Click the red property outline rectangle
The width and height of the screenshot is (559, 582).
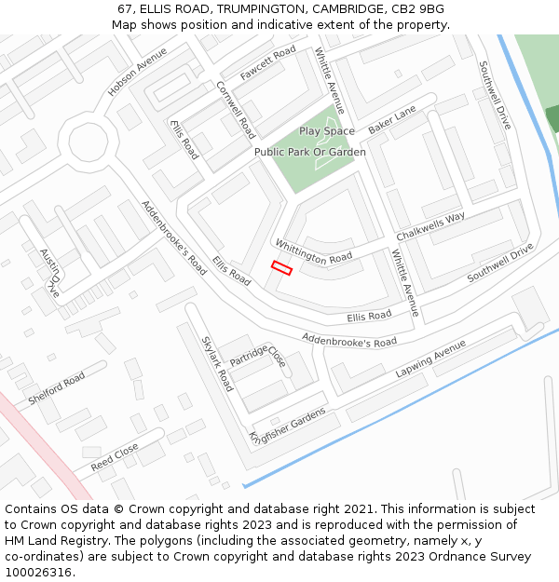click(x=281, y=268)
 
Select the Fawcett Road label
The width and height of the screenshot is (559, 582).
click(x=267, y=62)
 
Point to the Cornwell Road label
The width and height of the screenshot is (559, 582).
click(x=236, y=109)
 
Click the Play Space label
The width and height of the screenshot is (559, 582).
click(x=327, y=131)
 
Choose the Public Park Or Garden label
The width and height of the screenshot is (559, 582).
click(x=309, y=152)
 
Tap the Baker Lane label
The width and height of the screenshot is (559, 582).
click(x=391, y=119)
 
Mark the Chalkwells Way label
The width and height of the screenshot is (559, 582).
click(x=430, y=225)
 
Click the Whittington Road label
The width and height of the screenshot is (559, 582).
click(x=313, y=250)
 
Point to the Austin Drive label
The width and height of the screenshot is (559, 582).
click(x=49, y=272)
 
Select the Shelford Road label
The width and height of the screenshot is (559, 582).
click(x=56, y=388)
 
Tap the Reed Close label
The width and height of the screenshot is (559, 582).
click(x=115, y=455)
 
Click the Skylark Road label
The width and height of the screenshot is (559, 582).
click(x=216, y=363)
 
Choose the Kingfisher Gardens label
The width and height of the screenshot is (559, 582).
click(x=288, y=426)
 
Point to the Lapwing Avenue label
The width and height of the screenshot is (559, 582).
click(x=429, y=359)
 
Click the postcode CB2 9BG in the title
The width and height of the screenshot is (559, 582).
click(x=418, y=8)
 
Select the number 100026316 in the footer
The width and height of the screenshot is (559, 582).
click(x=39, y=573)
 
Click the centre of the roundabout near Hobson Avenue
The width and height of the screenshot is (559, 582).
click(x=93, y=142)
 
